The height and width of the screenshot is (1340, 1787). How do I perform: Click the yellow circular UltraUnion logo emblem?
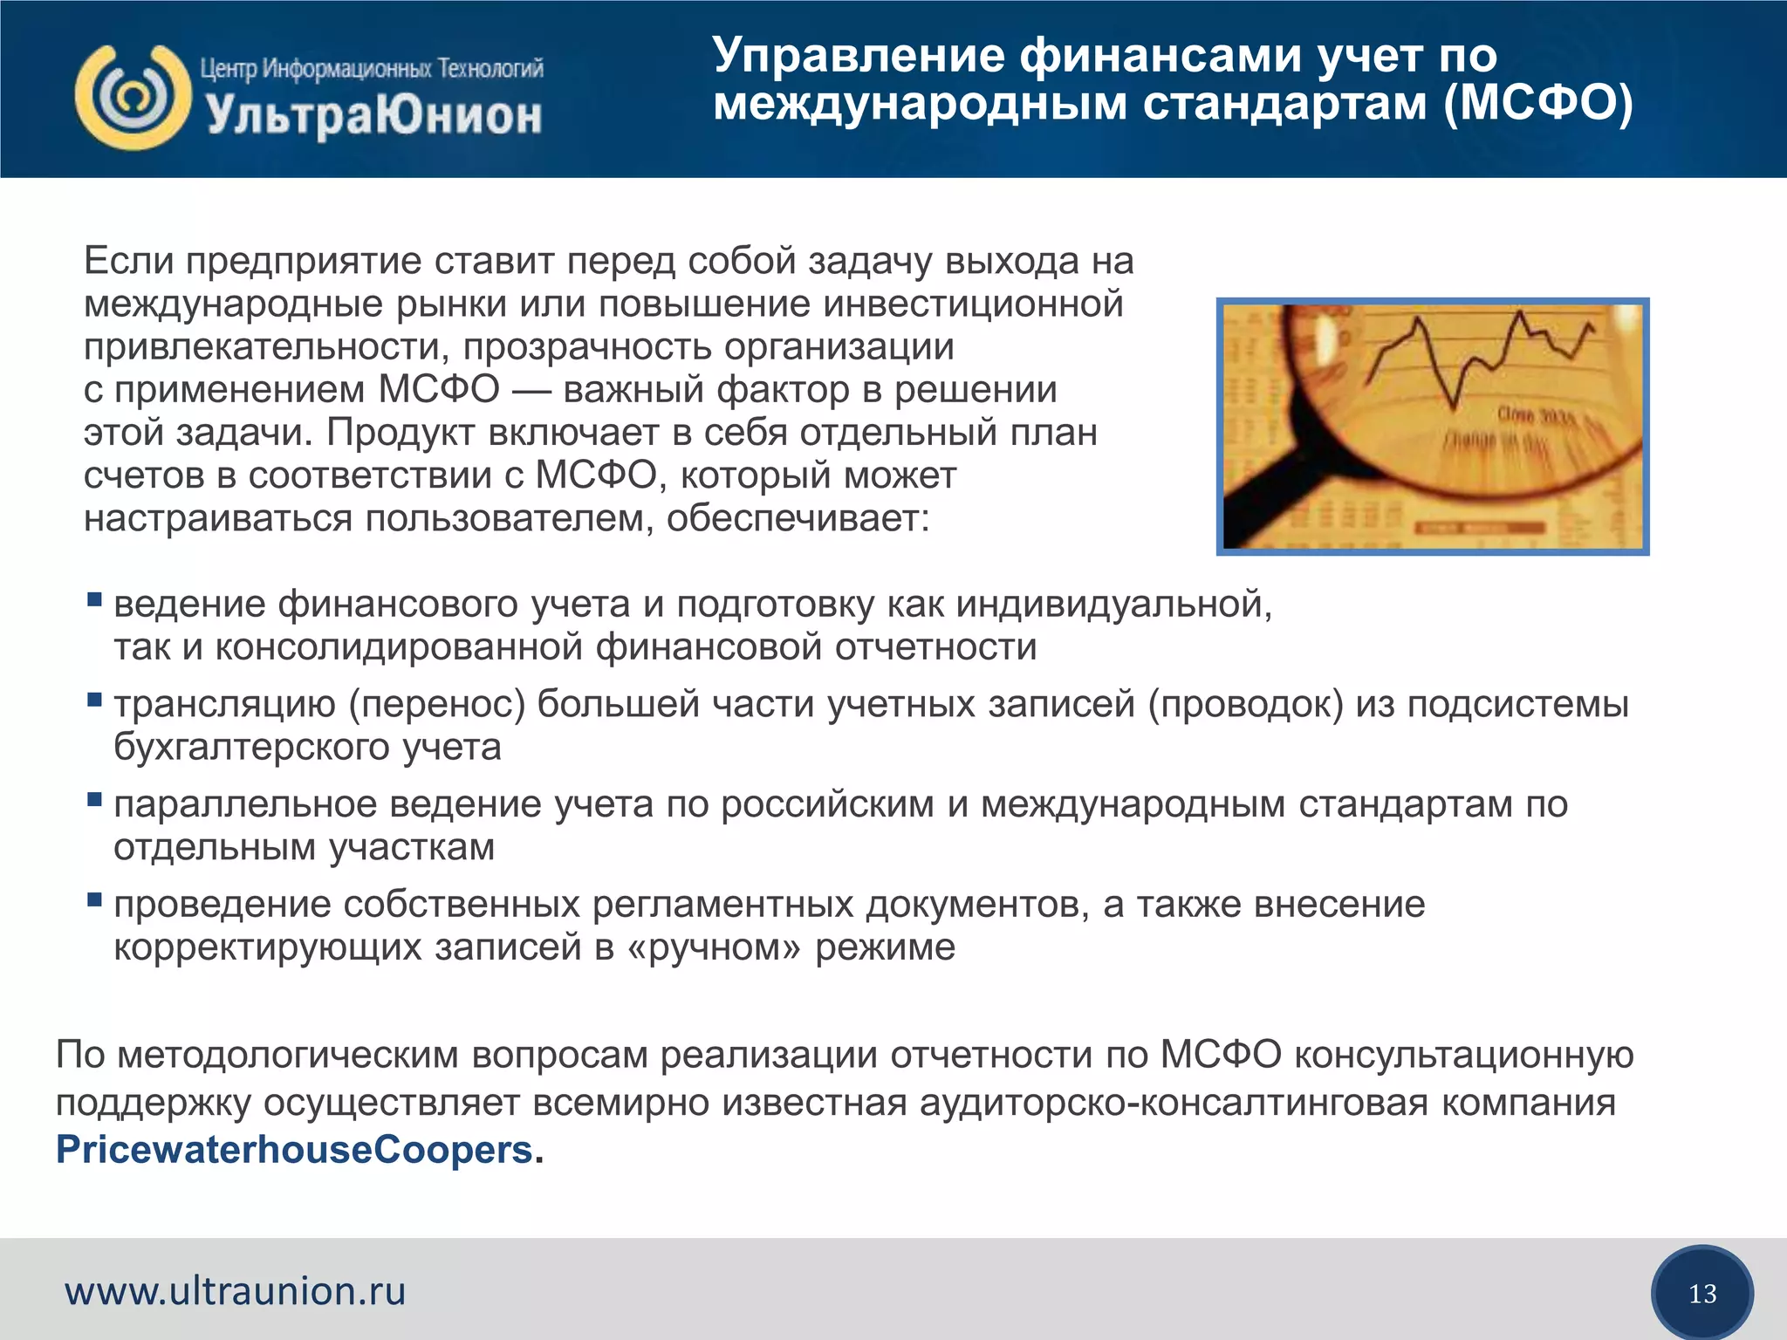(133, 98)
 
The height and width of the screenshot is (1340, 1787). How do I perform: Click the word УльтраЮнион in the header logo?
(374, 116)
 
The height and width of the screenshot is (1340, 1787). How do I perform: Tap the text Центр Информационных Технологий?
(372, 68)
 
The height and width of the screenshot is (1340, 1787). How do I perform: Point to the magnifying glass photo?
(1432, 426)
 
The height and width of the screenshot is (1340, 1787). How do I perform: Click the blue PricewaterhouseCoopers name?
(294, 1150)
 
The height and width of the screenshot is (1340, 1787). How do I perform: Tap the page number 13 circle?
(1701, 1293)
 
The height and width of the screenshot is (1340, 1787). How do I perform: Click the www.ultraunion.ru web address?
(235, 1291)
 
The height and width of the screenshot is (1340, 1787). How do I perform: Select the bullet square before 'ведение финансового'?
(94, 600)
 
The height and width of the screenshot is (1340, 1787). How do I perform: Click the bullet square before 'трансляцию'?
(94, 700)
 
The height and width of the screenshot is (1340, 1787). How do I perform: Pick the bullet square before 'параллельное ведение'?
(94, 800)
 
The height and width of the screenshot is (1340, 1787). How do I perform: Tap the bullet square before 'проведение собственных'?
(94, 900)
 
